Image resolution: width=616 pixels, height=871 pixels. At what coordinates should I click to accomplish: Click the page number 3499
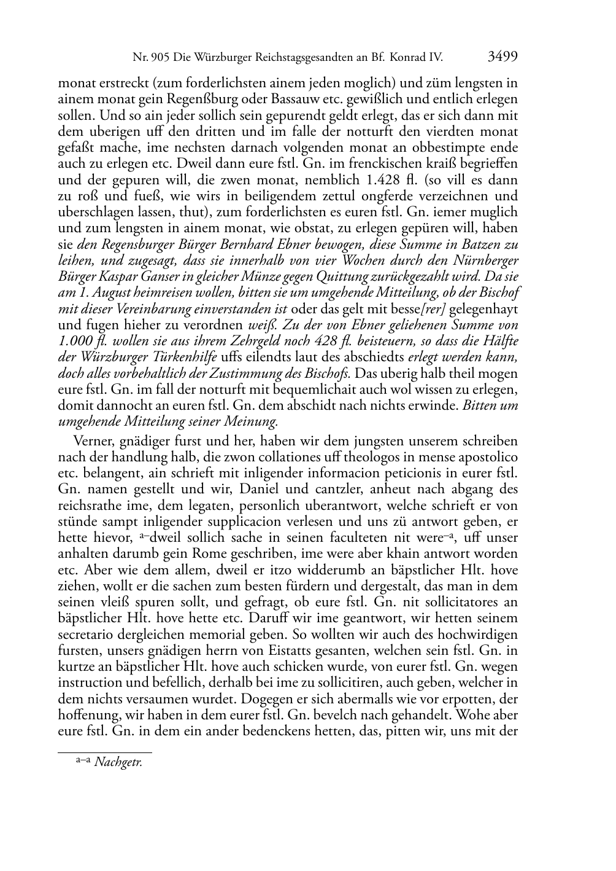(502, 57)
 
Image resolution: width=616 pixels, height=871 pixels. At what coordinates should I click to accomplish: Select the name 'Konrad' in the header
(412, 58)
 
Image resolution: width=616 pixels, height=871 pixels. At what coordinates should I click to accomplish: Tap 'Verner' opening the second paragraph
(91, 441)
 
